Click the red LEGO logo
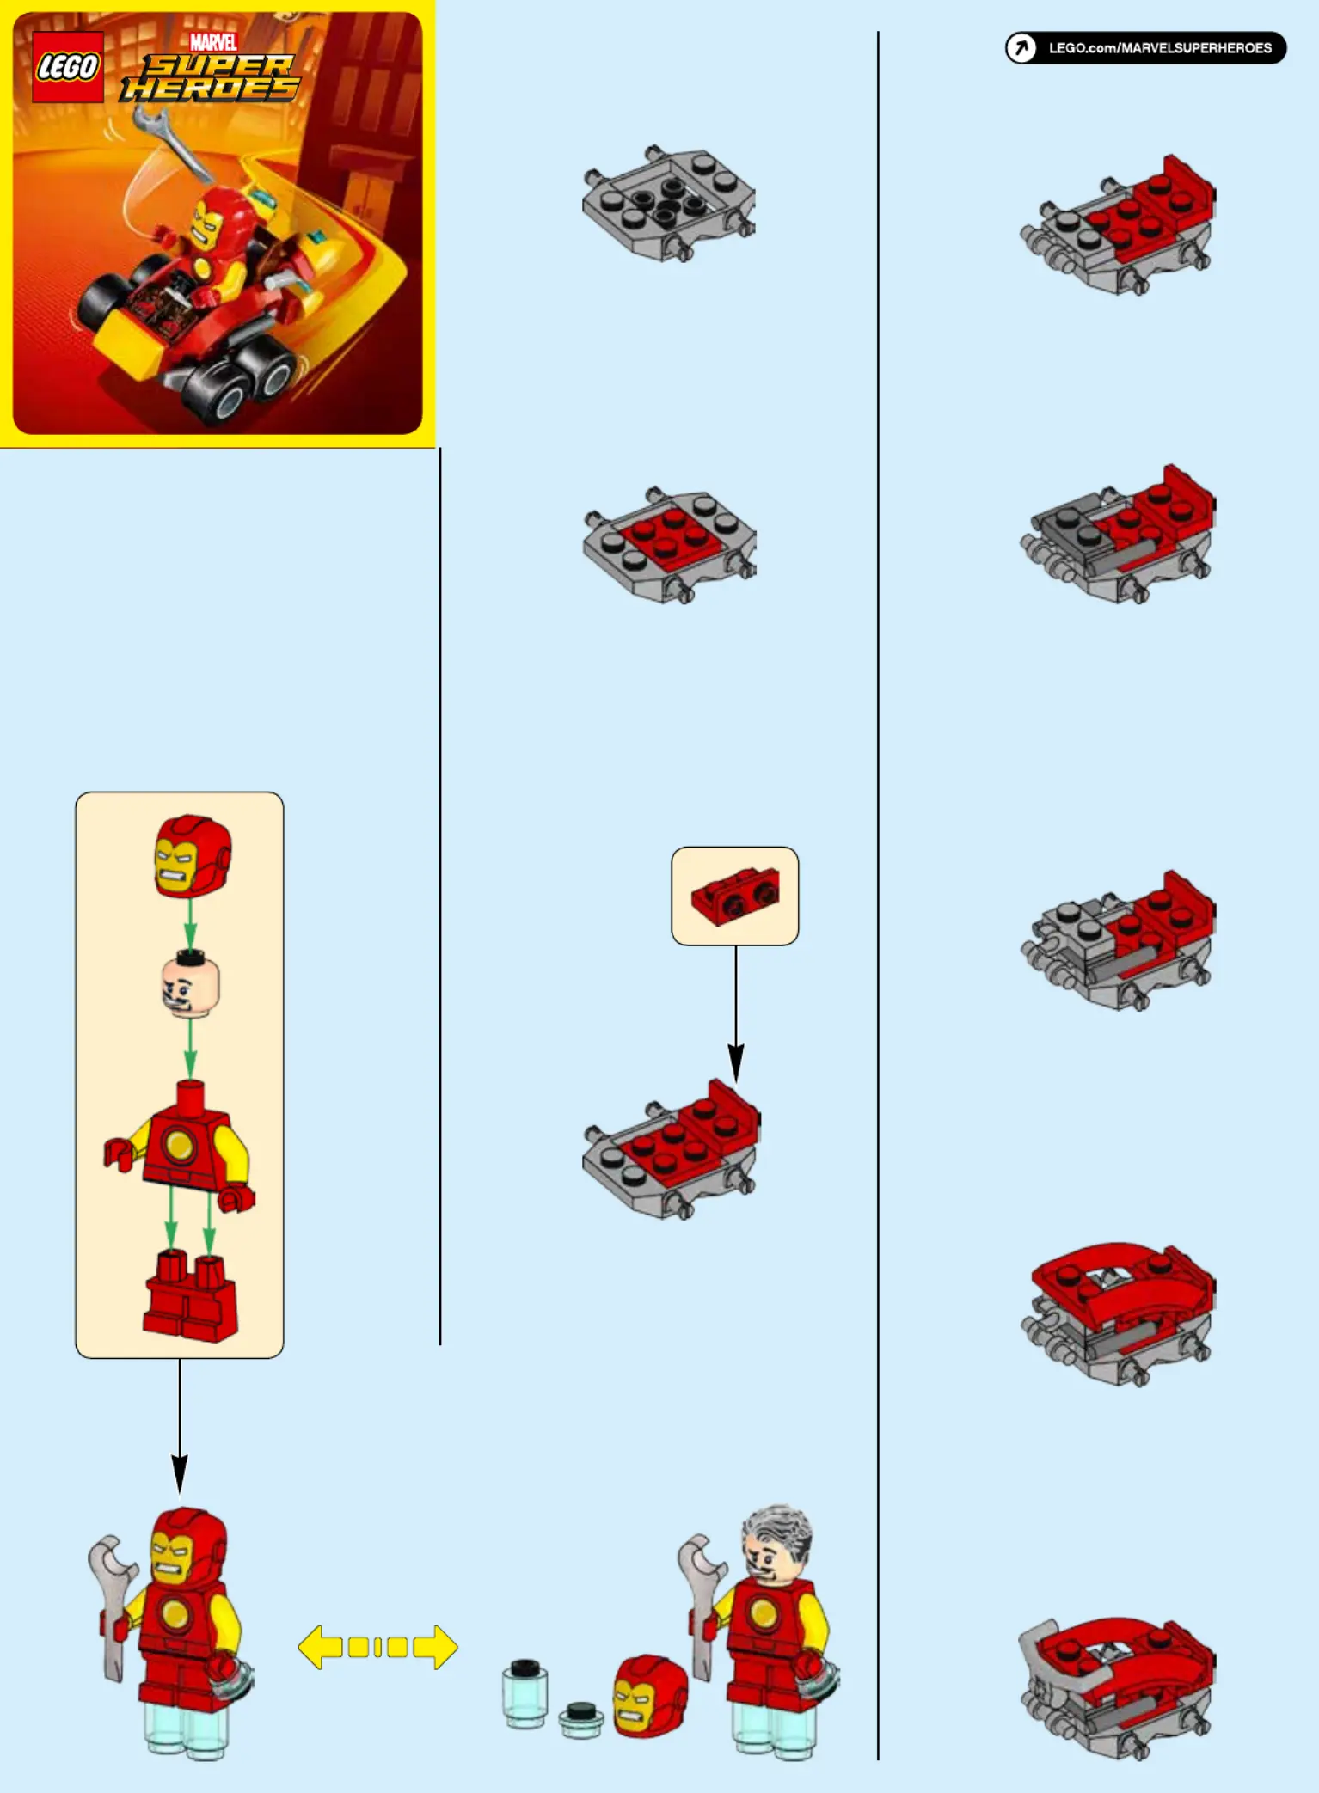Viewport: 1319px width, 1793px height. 68,67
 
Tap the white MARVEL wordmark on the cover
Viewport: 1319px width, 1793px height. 213,42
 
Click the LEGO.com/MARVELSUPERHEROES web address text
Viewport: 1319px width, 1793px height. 1159,48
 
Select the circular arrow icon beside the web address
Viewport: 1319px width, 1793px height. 1021,48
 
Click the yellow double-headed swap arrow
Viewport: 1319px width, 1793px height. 377,1647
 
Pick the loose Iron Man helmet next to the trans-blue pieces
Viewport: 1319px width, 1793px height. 650,1696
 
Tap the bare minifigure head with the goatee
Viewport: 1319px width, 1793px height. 191,985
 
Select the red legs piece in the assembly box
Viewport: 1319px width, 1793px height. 190,1296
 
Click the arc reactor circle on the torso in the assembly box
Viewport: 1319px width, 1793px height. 179,1144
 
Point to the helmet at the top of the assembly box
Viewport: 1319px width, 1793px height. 193,855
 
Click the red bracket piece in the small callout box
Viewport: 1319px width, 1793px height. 735,896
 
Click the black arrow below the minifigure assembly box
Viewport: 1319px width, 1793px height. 180,1427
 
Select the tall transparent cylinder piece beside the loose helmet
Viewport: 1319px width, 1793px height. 525,1693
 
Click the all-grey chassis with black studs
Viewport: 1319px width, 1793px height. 668,204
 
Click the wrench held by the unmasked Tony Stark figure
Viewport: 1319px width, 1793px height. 701,1606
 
